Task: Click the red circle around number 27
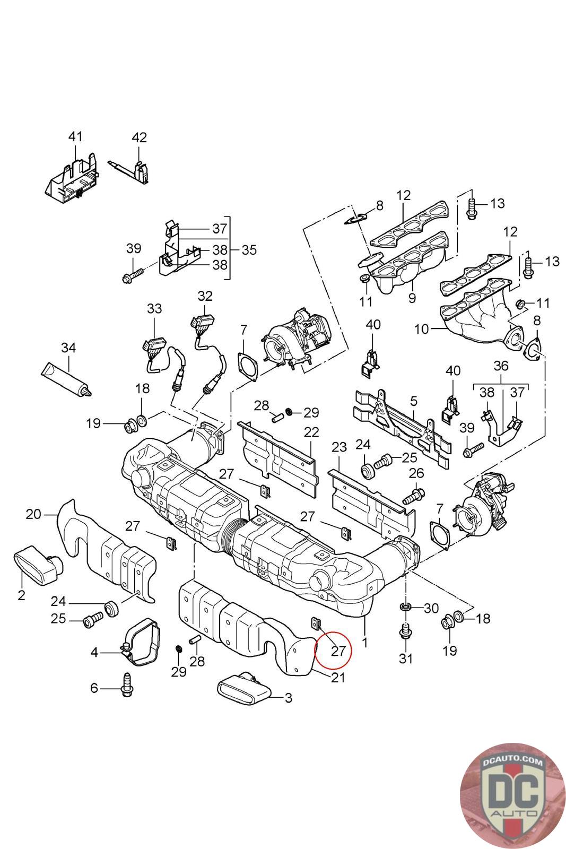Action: [x=334, y=650]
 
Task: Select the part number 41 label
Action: [x=75, y=136]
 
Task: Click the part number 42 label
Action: [x=139, y=137]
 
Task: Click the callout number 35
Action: [x=249, y=250]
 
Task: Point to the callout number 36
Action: [x=501, y=366]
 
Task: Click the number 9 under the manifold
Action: [x=412, y=298]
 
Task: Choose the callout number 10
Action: [x=421, y=329]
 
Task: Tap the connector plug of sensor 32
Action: [x=201, y=322]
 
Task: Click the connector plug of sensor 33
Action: [x=153, y=344]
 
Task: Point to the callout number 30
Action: [x=431, y=609]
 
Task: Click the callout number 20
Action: [x=33, y=514]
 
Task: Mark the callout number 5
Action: [x=414, y=401]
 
